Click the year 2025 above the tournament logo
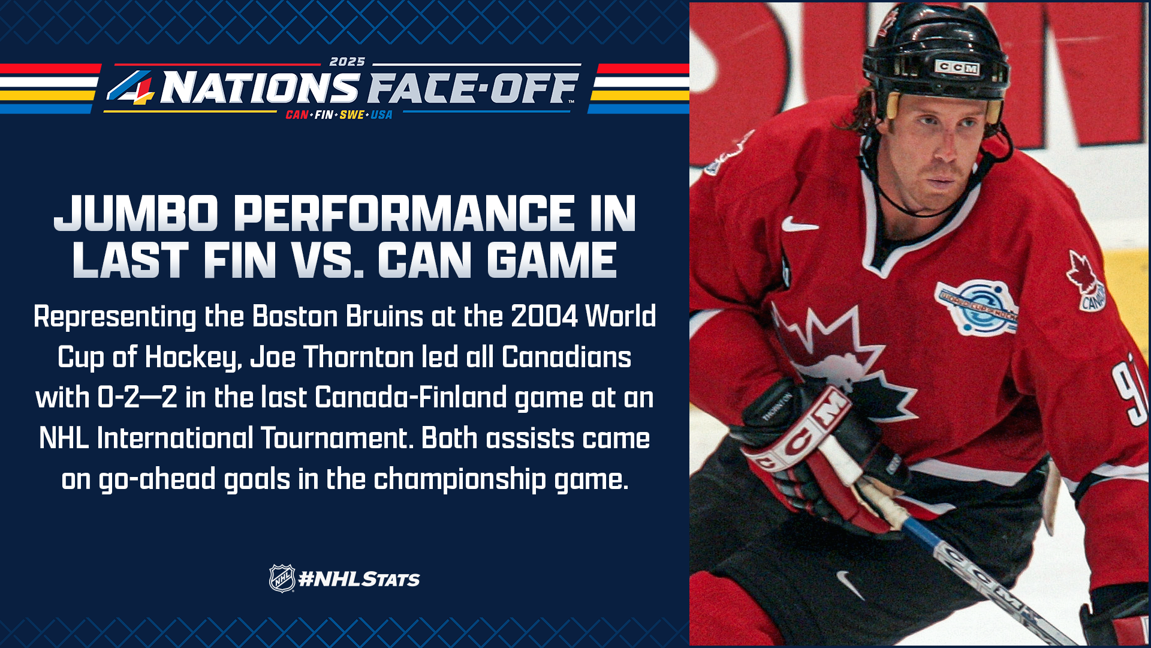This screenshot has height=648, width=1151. [347, 62]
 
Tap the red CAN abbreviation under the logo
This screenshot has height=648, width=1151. [297, 115]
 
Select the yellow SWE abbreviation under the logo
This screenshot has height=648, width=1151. [352, 115]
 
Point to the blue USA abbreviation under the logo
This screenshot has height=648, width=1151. [381, 115]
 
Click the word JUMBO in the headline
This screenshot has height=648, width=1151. [136, 214]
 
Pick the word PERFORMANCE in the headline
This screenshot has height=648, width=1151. [404, 214]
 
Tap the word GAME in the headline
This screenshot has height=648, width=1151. [552, 260]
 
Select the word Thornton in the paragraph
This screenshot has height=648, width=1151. [358, 357]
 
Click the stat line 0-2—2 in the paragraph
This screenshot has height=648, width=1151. [137, 398]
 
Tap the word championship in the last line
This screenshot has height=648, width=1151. [460, 479]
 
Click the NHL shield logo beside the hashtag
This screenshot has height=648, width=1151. [282, 578]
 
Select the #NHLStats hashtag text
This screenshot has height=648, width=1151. [359, 579]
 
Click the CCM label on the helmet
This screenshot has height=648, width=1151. [957, 68]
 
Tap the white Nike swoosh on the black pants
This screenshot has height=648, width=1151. [851, 584]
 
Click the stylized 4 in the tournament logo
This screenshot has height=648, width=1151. [131, 88]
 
